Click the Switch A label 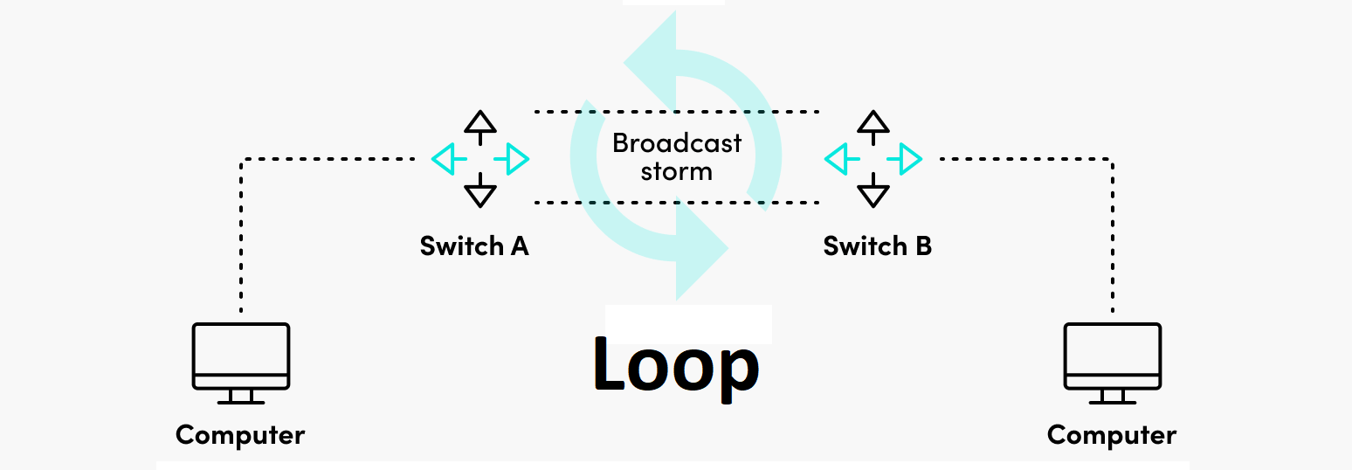(x=474, y=246)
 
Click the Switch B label (x=877, y=246)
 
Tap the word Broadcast (x=677, y=142)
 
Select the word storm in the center (x=677, y=171)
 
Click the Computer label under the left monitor (x=240, y=434)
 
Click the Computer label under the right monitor (x=1112, y=434)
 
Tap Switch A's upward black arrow (x=479, y=125)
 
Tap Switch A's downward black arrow (x=479, y=191)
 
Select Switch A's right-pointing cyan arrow (x=514, y=158)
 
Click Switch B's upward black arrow (x=873, y=125)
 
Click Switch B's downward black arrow (x=873, y=191)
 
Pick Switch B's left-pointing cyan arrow (x=839, y=158)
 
